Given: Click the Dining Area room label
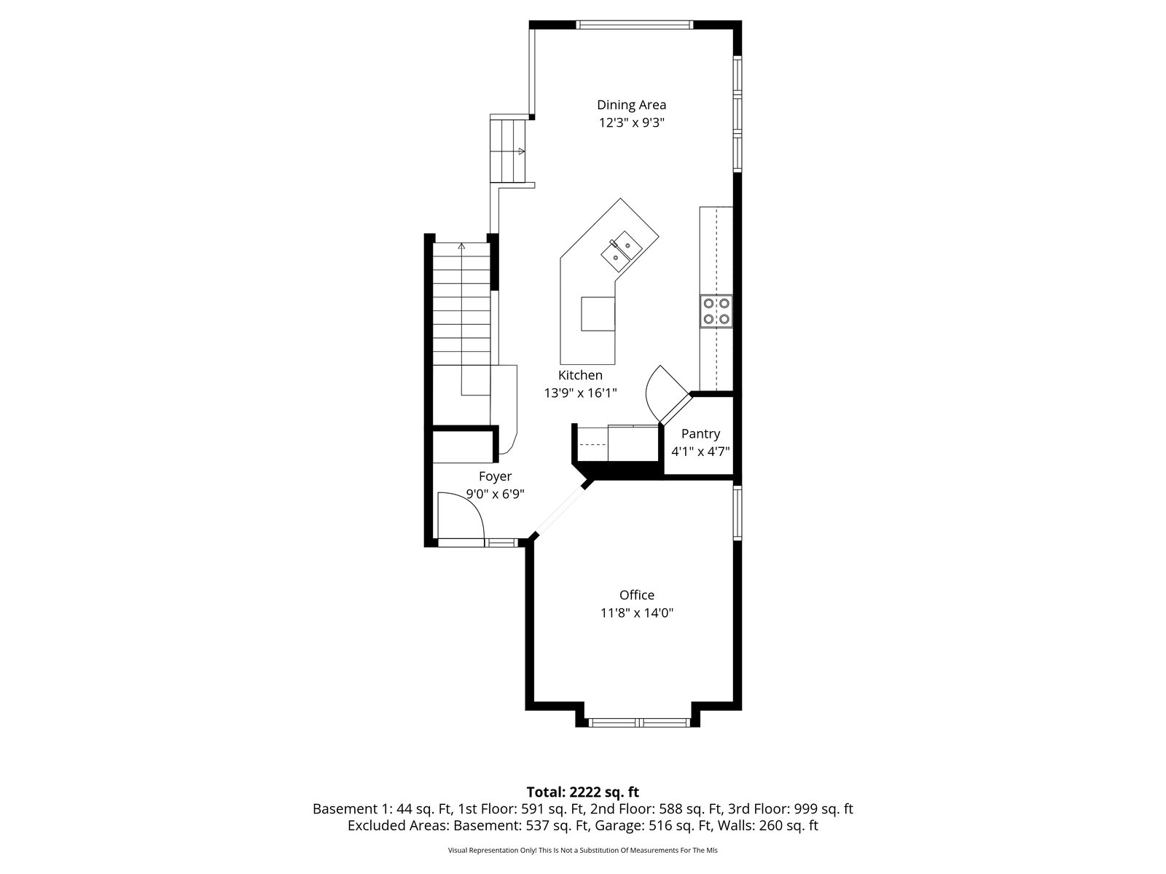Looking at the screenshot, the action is click(631, 105).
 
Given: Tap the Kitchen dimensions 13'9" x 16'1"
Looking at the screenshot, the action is click(580, 393).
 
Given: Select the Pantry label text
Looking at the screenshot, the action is click(700, 434).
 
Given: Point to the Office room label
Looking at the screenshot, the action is click(636, 595).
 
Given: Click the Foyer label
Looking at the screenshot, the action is click(495, 476).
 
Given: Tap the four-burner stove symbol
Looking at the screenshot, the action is click(716, 311).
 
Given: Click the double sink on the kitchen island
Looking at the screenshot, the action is click(622, 252).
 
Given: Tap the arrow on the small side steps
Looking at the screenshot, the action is click(522, 151).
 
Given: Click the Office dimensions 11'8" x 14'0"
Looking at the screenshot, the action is click(637, 613).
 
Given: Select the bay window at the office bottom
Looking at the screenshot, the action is click(639, 722).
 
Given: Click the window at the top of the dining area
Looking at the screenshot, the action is click(635, 25).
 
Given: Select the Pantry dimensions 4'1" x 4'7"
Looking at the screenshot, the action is click(700, 452).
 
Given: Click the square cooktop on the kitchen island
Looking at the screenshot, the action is click(598, 314).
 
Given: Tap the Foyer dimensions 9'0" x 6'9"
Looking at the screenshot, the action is click(495, 494).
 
